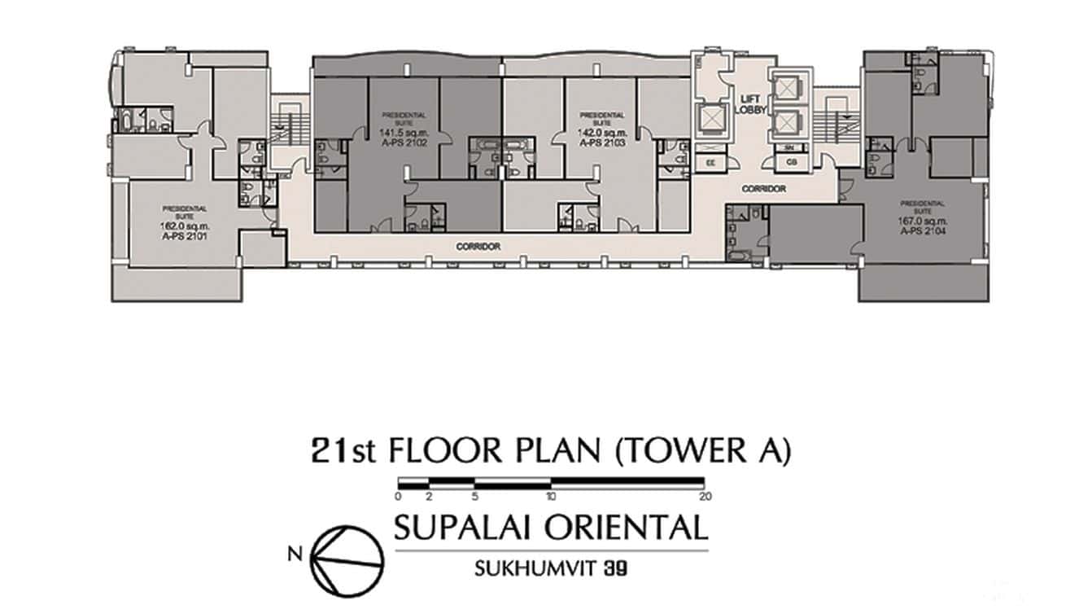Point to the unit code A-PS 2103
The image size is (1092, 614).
click(597, 142)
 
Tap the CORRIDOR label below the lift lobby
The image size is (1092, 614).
click(762, 189)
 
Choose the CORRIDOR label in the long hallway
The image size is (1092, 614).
click(478, 246)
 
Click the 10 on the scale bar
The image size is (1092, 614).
click(551, 496)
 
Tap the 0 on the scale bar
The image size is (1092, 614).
click(398, 496)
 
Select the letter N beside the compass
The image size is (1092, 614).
click(293, 555)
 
